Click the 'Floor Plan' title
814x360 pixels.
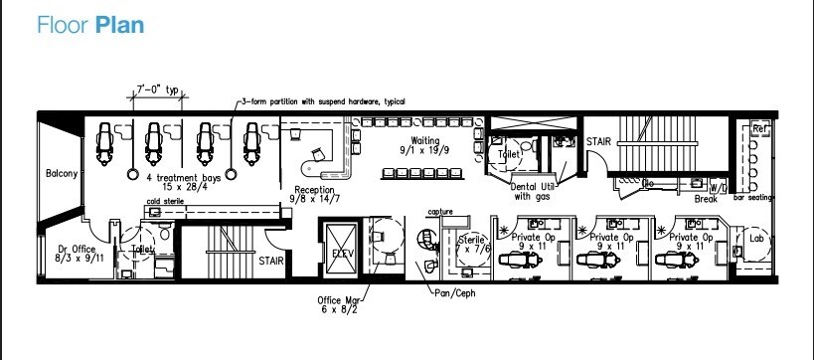pos(91,25)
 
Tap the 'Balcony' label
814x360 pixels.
pos(62,174)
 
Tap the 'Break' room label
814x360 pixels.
pos(706,199)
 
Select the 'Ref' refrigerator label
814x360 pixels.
pos(760,129)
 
